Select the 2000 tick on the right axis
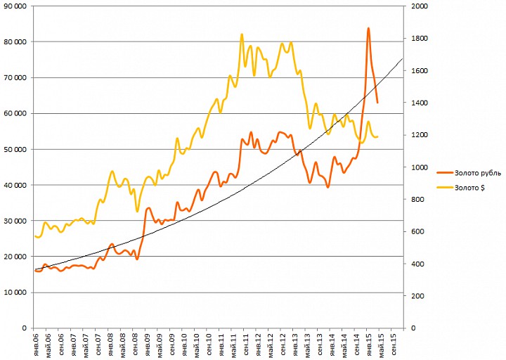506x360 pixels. click(x=420, y=6)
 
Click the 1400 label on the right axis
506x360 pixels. click(x=420, y=103)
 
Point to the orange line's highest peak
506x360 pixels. click(x=368, y=28)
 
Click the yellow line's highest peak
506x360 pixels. click(x=242, y=34)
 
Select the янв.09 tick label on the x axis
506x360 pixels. click(x=148, y=345)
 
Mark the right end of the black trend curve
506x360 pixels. click(x=403, y=58)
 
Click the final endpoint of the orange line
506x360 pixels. click(x=377, y=103)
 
